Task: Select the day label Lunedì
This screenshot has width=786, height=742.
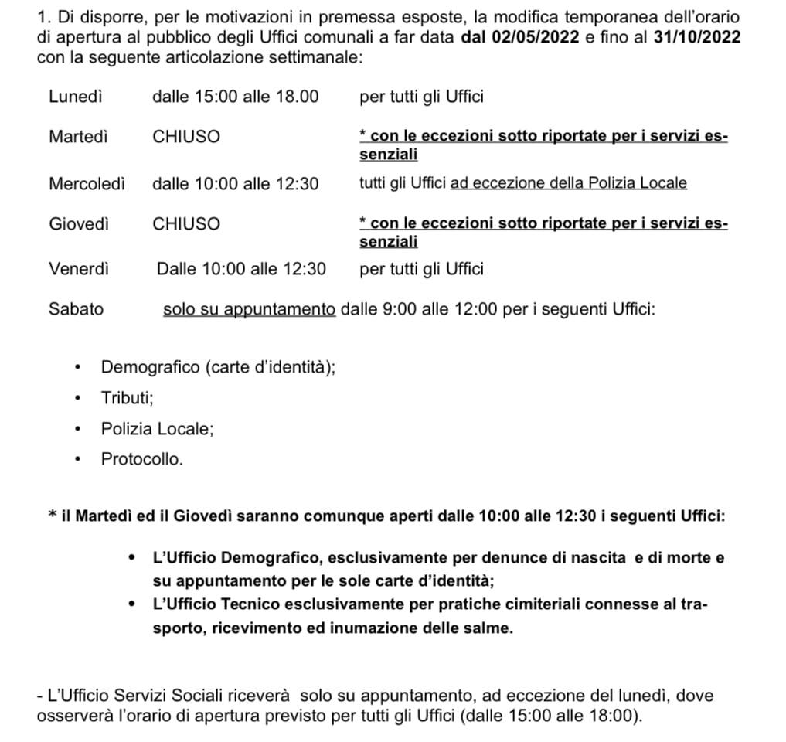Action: pyautogui.click(x=76, y=97)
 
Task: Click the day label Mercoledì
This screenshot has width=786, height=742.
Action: pyautogui.click(x=87, y=183)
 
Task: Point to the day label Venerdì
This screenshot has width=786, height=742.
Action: pyautogui.click(x=79, y=269)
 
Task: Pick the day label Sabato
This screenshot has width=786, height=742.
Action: pyautogui.click(x=76, y=309)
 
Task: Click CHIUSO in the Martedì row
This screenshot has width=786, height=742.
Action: pyautogui.click(x=186, y=137)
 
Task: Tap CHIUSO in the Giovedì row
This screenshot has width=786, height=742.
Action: pyautogui.click(x=186, y=224)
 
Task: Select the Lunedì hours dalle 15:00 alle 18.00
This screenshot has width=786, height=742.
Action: pyautogui.click(x=236, y=97)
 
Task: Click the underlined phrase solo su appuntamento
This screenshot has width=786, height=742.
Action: pyautogui.click(x=249, y=309)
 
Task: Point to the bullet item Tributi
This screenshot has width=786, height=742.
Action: pyautogui.click(x=127, y=397)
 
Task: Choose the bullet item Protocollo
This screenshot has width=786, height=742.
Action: pyautogui.click(x=142, y=459)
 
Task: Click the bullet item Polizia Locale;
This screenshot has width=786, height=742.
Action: pyautogui.click(x=157, y=428)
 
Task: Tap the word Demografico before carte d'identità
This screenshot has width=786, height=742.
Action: pyautogui.click(x=151, y=367)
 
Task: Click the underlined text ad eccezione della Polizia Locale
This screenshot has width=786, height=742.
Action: pyautogui.click(x=569, y=183)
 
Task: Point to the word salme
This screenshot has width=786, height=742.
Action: pyautogui.click(x=488, y=628)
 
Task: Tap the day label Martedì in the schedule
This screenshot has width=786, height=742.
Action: pyautogui.click(x=78, y=137)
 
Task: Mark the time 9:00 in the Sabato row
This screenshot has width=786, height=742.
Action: pyautogui.click(x=400, y=309)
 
